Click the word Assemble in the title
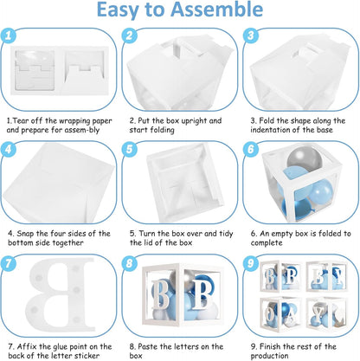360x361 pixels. [216, 10]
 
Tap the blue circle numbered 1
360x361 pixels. [8, 35]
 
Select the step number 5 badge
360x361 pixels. [129, 149]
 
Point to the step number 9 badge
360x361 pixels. [250, 262]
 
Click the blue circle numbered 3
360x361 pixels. [250, 35]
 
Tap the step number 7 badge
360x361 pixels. [8, 262]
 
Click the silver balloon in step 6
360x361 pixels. [305, 158]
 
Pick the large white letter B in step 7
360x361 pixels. [62, 295]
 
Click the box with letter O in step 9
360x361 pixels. [280, 313]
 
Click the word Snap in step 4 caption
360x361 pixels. [25, 233]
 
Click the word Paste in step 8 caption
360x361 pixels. [147, 346]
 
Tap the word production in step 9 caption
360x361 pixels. [270, 356]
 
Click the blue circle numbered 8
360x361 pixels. [129, 262]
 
